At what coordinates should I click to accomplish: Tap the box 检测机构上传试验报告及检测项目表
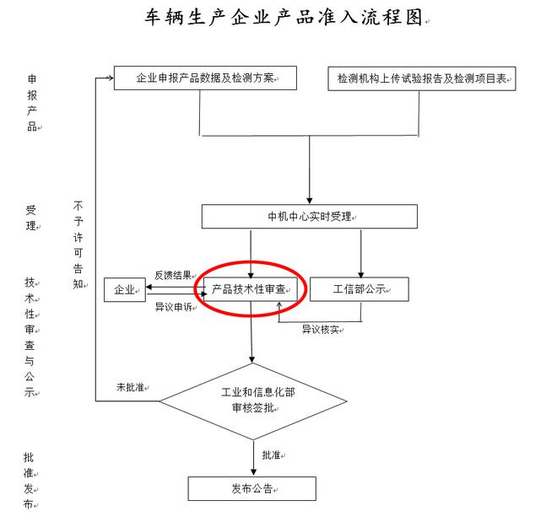coord(421,78)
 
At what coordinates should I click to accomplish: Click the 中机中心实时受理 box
coord(309,217)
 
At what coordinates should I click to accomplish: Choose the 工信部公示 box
coord(359,289)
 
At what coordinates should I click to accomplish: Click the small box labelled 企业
coord(124,290)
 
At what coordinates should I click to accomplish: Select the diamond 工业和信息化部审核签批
coord(253,400)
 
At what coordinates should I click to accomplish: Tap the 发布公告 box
coord(251,489)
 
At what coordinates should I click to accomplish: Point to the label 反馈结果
coord(172,275)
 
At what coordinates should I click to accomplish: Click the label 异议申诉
coord(172,307)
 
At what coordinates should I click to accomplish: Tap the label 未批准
coord(131,387)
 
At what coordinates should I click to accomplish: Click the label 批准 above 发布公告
coord(272,455)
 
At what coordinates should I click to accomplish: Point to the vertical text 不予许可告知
coord(78,245)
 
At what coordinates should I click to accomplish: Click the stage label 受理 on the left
coord(31,218)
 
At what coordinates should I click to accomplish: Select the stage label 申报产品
coord(31,102)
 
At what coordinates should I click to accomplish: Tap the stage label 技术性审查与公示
coord(30,337)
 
